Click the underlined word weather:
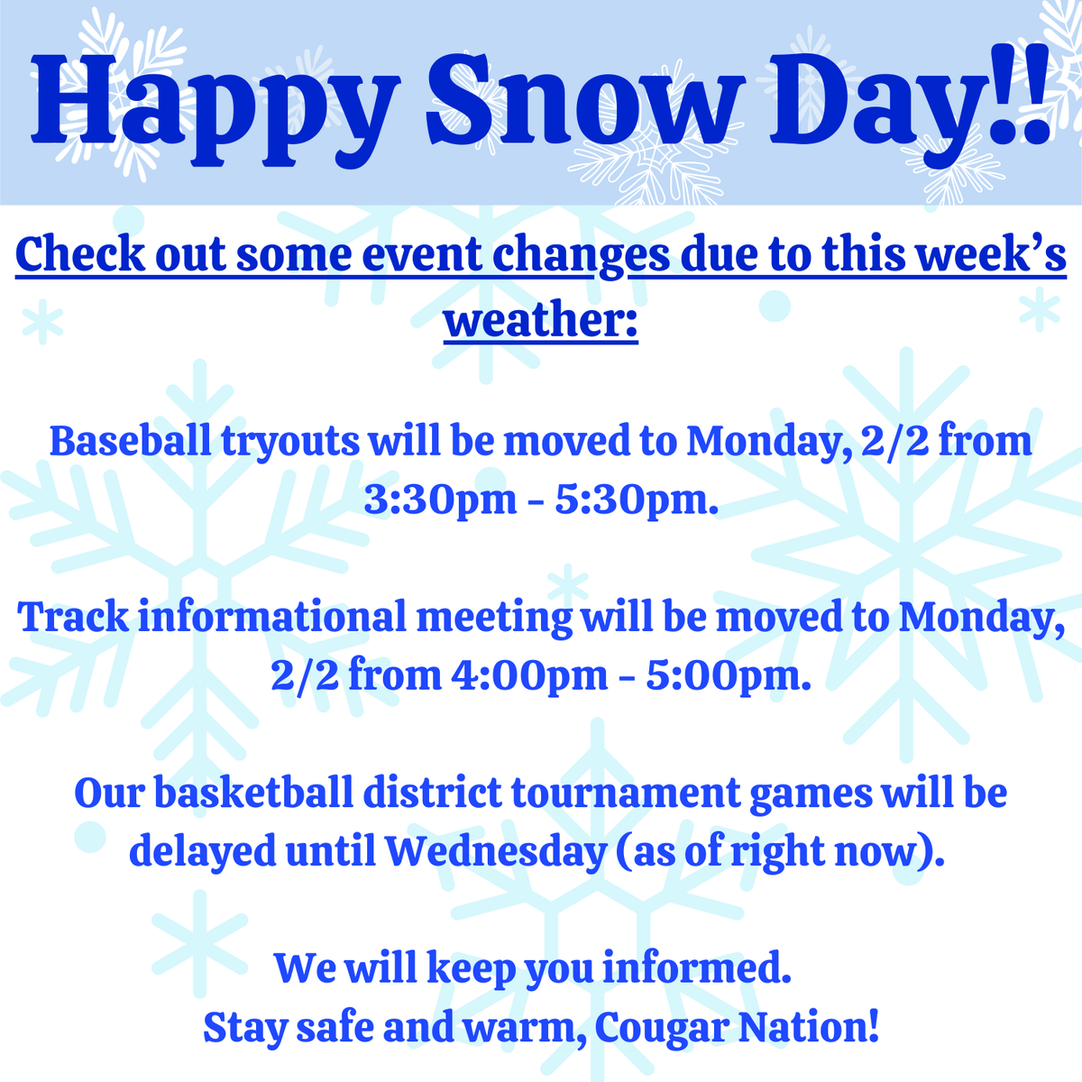tap(541, 320)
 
